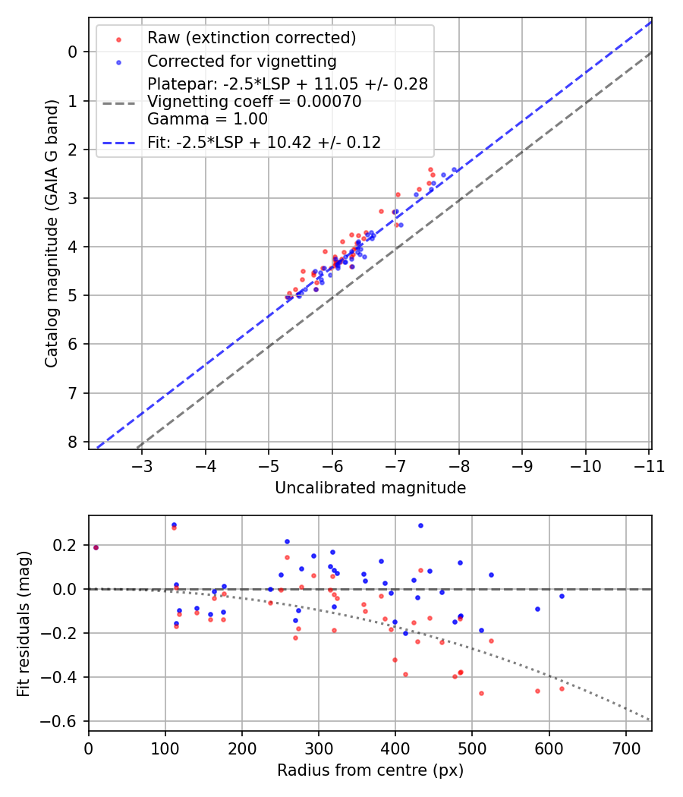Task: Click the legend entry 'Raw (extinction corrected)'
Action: (251, 38)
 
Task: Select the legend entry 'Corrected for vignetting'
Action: (241, 61)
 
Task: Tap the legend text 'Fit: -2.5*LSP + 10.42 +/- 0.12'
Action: (263, 142)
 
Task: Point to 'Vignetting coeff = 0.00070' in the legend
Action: (254, 102)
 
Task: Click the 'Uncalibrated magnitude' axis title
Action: (370, 488)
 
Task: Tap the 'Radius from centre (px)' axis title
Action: (370, 770)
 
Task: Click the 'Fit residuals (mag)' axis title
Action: (24, 622)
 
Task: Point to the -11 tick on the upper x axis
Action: (649, 466)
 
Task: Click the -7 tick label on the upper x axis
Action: (395, 466)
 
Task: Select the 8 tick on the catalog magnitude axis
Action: (73, 442)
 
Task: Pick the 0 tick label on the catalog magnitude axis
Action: (73, 52)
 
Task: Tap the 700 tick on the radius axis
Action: (625, 748)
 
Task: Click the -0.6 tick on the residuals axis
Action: (65, 721)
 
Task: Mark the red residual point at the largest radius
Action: (562, 688)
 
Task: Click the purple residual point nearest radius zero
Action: (96, 547)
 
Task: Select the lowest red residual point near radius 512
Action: (481, 693)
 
